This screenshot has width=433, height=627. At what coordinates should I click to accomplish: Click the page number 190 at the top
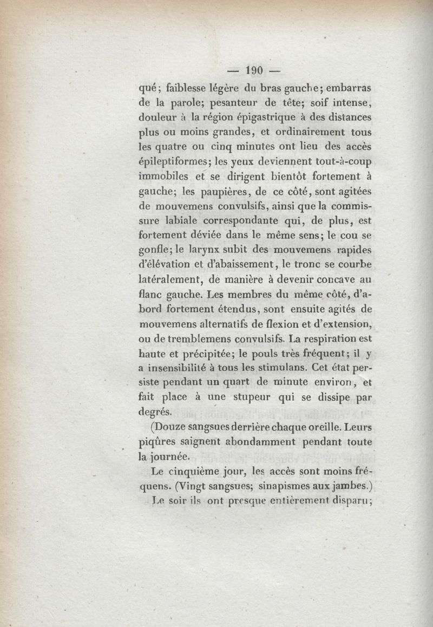(253, 70)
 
